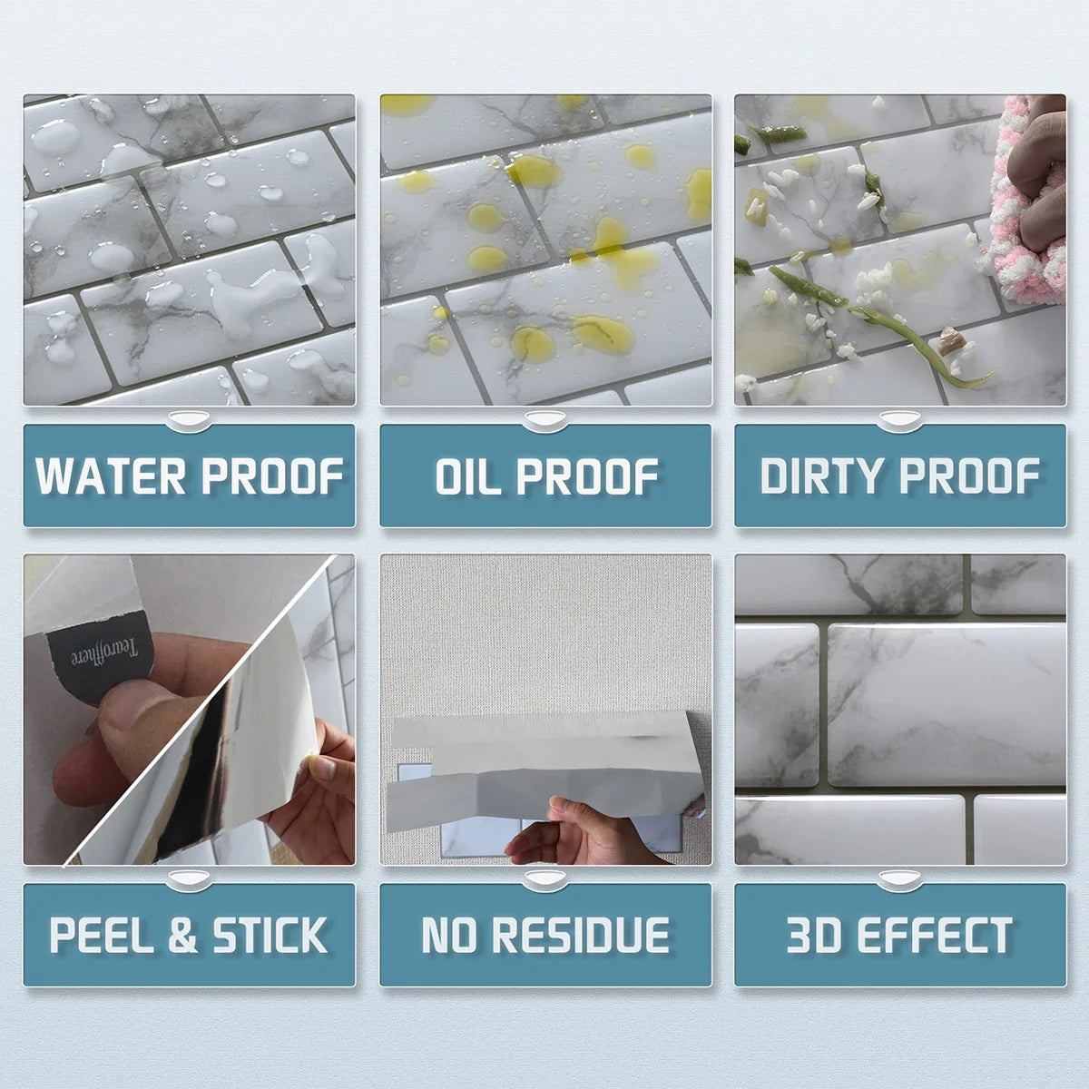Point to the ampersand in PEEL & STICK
[182, 936]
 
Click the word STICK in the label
[270, 936]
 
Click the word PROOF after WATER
[270, 476]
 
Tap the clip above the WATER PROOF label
[190, 420]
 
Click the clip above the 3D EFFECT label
[899, 878]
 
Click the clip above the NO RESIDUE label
[544, 878]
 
